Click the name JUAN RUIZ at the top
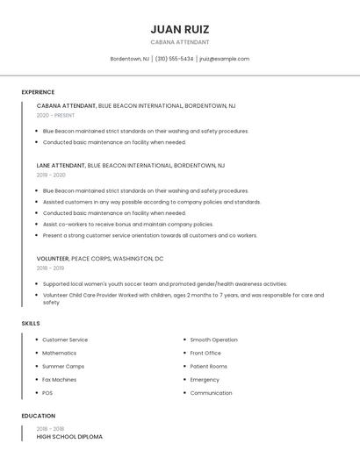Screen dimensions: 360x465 click(180, 29)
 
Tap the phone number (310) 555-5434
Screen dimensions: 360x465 click(174, 59)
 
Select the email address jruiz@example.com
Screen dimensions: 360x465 click(224, 59)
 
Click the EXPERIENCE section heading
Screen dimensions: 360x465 click(38, 92)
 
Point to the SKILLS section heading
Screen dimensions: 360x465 click(31, 324)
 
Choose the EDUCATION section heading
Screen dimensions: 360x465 click(39, 416)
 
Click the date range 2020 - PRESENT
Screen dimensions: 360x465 click(55, 115)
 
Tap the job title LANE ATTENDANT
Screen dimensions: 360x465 click(66, 165)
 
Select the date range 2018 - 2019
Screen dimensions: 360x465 click(56, 268)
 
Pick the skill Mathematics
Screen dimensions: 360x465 click(60, 353)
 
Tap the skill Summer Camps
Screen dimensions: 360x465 click(63, 366)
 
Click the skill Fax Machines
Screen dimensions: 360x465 click(60, 380)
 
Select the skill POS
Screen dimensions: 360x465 click(47, 393)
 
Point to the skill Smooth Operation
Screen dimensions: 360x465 click(213, 340)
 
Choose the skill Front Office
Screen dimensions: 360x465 click(205, 353)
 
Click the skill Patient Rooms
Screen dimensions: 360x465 click(208, 366)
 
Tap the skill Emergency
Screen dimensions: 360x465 click(205, 380)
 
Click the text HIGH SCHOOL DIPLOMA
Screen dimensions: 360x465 click(69, 436)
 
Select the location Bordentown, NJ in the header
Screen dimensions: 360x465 click(129, 59)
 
